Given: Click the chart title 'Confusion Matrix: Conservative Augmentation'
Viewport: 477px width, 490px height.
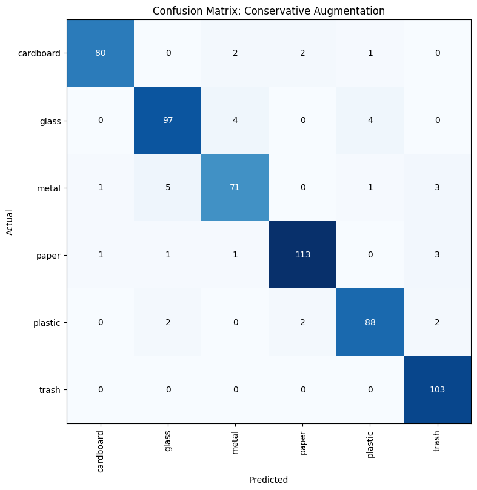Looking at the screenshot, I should point(269,11).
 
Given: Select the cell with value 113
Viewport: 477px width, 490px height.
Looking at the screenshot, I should point(302,255).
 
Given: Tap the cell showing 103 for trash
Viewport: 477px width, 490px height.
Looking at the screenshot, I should point(437,389).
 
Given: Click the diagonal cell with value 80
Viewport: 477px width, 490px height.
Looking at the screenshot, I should point(100,53).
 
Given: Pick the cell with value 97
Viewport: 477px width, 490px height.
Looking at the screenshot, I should point(167,121).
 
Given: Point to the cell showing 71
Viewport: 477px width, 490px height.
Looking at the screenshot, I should point(235,188).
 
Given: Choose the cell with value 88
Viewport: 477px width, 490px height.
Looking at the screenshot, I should point(370,322).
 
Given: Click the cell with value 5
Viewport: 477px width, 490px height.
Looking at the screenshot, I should point(167,188).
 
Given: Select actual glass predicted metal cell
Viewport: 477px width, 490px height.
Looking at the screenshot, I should point(235,121).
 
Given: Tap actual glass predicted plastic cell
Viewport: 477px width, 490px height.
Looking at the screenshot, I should point(370,121).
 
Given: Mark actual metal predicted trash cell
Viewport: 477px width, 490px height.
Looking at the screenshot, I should point(437,188).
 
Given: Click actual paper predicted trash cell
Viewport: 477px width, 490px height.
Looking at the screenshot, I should point(437,255).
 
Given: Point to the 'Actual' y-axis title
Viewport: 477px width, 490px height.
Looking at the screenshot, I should point(10,222).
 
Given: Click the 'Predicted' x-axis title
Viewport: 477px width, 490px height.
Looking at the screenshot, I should point(269,480).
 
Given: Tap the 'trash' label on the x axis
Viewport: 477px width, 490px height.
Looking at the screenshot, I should point(437,445).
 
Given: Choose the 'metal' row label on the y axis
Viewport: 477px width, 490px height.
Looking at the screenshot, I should point(48,188).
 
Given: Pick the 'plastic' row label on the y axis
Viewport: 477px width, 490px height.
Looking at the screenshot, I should point(47,323).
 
